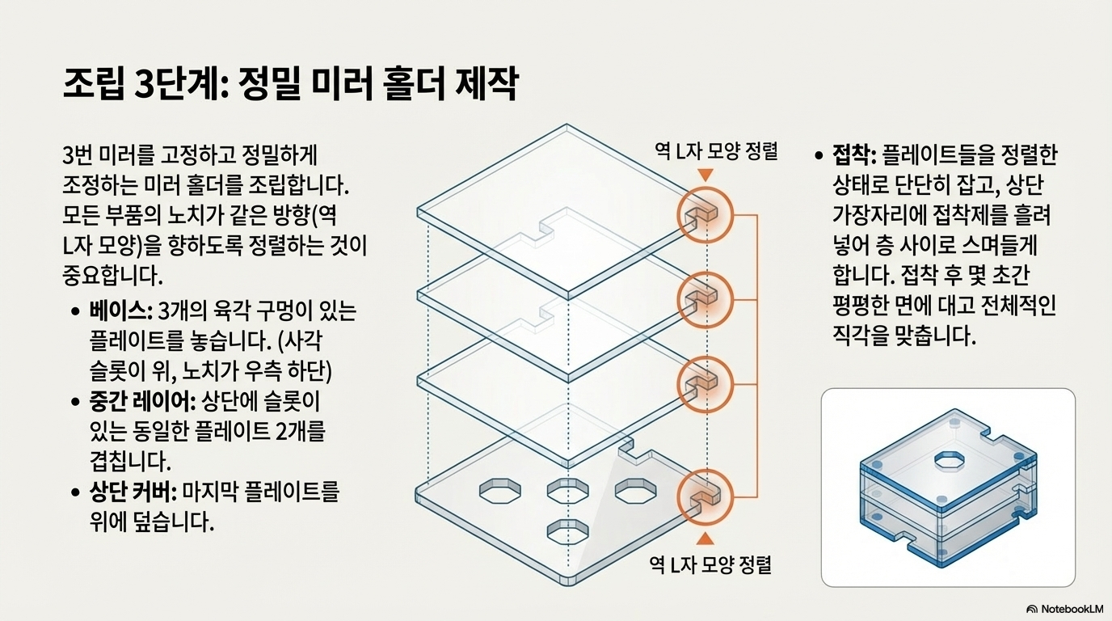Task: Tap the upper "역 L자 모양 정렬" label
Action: coord(715,150)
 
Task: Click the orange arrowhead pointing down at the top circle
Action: coord(705,175)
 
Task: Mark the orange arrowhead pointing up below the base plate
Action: coord(705,539)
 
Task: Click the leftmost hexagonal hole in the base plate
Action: coord(499,489)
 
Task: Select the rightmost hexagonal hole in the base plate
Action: coord(635,489)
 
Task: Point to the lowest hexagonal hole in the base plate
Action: coord(567,531)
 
